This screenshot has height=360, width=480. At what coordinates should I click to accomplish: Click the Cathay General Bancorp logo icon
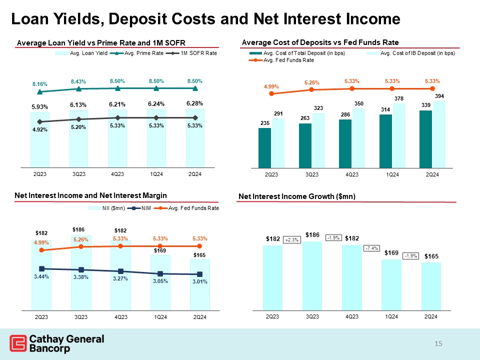18,344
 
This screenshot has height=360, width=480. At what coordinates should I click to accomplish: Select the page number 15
438,343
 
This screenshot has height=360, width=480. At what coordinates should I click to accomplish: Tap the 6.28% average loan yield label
195,103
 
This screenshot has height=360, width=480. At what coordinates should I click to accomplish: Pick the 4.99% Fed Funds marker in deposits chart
271,93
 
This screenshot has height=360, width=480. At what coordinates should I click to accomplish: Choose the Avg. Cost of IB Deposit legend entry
417,53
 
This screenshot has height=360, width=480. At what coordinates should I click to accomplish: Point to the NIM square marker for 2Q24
199,274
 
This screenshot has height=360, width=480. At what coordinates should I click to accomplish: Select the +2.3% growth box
291,240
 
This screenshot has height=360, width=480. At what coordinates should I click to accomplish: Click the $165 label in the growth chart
431,256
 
